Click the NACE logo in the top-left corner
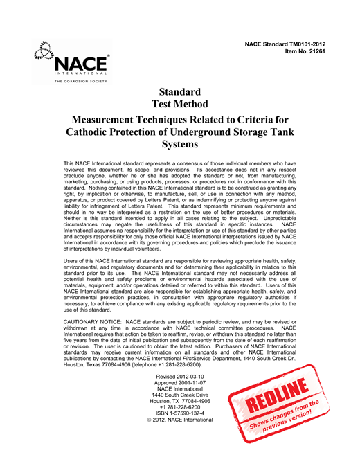click(x=73, y=59)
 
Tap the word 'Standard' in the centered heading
click(x=179, y=92)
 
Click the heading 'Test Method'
click(x=179, y=105)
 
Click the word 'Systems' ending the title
click(x=179, y=145)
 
